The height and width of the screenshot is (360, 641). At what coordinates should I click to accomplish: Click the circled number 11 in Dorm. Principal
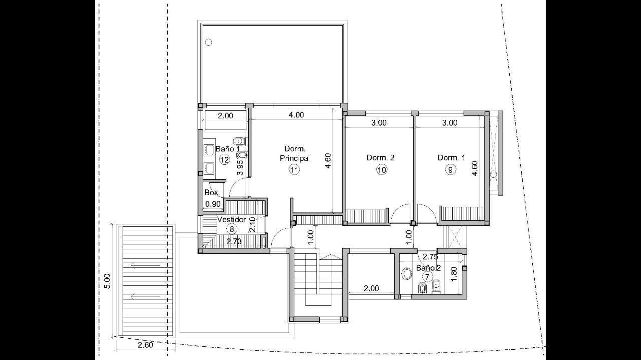tap(294, 170)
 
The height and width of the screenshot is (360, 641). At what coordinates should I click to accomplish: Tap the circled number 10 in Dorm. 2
tap(382, 170)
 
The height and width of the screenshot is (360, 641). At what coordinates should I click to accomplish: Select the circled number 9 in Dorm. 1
tap(450, 170)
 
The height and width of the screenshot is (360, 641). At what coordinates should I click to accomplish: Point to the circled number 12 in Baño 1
tap(225, 160)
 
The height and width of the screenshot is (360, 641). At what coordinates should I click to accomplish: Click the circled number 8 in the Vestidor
tap(232, 229)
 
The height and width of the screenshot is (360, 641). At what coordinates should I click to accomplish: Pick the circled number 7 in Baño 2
tap(427, 277)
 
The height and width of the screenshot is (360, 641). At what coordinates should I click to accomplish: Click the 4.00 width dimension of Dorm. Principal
tap(296, 115)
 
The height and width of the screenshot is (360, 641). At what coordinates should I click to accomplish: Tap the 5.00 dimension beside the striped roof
tap(107, 281)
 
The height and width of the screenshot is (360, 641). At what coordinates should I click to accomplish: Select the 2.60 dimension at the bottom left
tap(145, 345)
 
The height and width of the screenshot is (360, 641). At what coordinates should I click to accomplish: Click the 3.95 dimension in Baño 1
tap(240, 167)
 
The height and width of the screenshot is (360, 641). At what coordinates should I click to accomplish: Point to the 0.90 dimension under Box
tap(213, 204)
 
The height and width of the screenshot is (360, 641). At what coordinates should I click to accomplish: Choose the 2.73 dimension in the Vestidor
tap(234, 242)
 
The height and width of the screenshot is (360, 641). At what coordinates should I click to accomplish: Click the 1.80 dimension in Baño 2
tap(454, 274)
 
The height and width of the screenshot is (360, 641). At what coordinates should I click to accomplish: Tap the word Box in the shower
tap(211, 193)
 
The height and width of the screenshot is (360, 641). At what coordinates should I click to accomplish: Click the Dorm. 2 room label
tap(380, 158)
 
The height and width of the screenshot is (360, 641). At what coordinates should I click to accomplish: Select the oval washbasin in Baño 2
tap(406, 274)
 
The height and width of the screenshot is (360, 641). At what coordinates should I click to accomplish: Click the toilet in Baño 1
tap(239, 141)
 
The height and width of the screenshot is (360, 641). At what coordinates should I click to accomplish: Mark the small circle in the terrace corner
tap(209, 42)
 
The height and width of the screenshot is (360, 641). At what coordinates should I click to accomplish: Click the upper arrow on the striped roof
tap(145, 266)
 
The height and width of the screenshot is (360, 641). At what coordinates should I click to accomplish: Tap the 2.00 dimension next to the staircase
tap(371, 288)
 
